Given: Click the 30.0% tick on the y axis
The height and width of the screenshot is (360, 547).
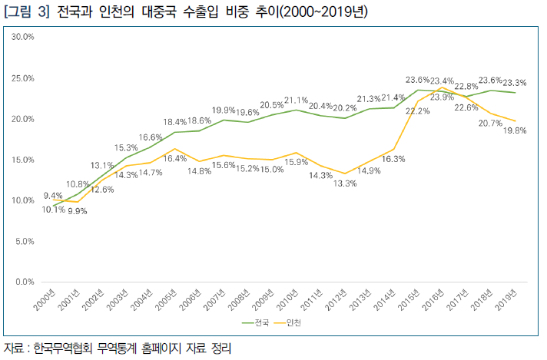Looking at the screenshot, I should point(22,37).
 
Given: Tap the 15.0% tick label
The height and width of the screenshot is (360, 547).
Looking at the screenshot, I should point(22,160).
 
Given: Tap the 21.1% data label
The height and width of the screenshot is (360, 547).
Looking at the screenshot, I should point(296,101).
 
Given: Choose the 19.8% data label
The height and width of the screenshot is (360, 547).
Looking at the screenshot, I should point(515,131).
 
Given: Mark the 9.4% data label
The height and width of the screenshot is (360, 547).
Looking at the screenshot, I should point(53,196).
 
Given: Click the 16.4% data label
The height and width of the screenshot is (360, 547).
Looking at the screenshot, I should point(175,158).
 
